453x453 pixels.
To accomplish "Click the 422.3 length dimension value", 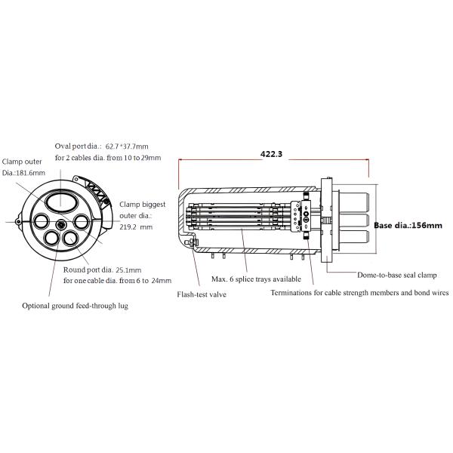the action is (x=271, y=154).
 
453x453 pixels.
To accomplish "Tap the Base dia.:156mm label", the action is (x=408, y=225).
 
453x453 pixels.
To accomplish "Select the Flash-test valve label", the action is (x=202, y=294).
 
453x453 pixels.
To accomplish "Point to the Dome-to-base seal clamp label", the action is (x=397, y=275).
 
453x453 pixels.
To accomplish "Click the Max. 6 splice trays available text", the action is (x=256, y=279).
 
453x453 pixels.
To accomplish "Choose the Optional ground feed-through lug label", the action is (x=75, y=306).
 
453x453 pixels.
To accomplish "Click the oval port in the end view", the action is (x=60, y=203).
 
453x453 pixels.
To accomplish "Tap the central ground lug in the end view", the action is (x=61, y=225).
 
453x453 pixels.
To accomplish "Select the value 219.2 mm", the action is (x=136, y=227).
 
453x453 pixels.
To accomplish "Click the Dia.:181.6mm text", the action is (x=23, y=173).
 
